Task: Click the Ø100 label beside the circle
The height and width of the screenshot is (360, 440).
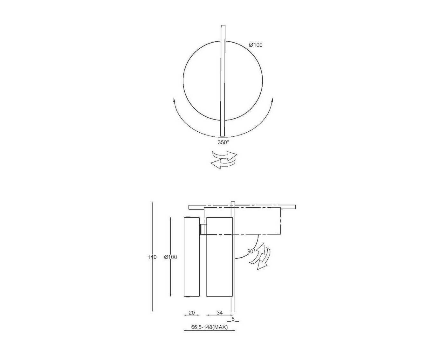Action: (256, 45)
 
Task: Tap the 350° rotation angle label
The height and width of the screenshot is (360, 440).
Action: (223, 142)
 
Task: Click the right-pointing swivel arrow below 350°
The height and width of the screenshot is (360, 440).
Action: (225, 156)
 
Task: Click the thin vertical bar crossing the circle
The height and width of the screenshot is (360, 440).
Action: (223, 81)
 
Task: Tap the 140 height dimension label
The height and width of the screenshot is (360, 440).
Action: (152, 257)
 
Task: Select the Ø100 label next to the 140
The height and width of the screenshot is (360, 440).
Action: (170, 257)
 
